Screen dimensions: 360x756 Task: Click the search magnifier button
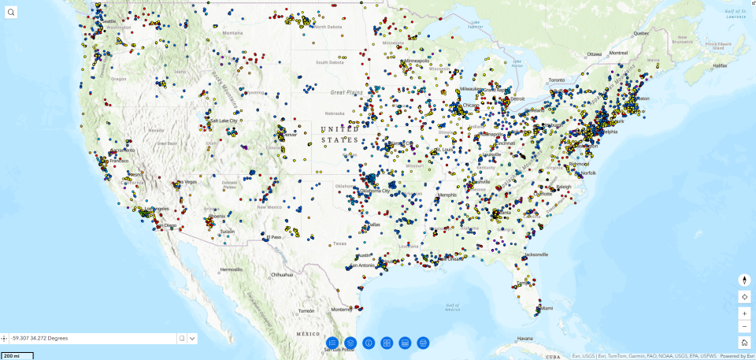pyautogui.click(x=11, y=12)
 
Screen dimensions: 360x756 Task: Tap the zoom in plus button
pyautogui.click(x=744, y=314)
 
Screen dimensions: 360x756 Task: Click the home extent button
pyautogui.click(x=744, y=342)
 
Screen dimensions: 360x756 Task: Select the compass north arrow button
pyautogui.click(x=744, y=280)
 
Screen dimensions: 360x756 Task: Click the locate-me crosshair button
pyautogui.click(x=744, y=297)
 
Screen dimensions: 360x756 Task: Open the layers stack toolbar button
pyautogui.click(x=350, y=343)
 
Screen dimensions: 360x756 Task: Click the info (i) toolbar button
pyautogui.click(x=369, y=343)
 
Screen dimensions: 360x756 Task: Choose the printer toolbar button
pyautogui.click(x=423, y=343)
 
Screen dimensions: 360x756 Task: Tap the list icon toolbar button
pyautogui.click(x=332, y=343)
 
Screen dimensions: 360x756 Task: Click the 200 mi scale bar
pyautogui.click(x=17, y=356)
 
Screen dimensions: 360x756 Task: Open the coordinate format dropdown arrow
pyautogui.click(x=192, y=338)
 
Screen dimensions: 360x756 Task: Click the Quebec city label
pyautogui.click(x=642, y=33)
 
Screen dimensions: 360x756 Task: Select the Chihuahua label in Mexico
pyautogui.click(x=282, y=274)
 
